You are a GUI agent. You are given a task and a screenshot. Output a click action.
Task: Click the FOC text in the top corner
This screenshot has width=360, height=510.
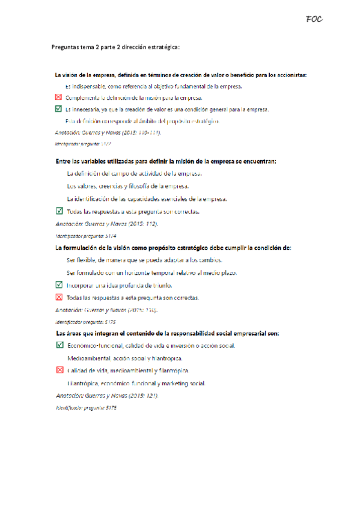[314, 19]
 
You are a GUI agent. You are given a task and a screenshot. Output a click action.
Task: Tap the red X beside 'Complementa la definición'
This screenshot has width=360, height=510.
[58, 97]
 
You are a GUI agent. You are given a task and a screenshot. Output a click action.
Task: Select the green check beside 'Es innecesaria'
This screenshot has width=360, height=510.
[58, 109]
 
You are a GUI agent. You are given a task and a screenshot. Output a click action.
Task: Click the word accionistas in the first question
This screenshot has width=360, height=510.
[288, 75]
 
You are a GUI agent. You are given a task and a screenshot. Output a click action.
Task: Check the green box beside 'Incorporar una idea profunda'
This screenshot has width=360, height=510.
[58, 285]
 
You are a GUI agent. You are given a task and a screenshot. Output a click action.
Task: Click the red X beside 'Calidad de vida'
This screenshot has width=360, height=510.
[58, 370]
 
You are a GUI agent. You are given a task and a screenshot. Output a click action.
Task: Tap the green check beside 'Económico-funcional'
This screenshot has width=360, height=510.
[58, 345]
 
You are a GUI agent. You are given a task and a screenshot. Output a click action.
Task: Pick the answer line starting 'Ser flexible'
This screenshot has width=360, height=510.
[144, 260]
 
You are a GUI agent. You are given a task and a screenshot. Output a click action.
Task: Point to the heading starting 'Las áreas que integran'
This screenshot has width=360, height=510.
[167, 333]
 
